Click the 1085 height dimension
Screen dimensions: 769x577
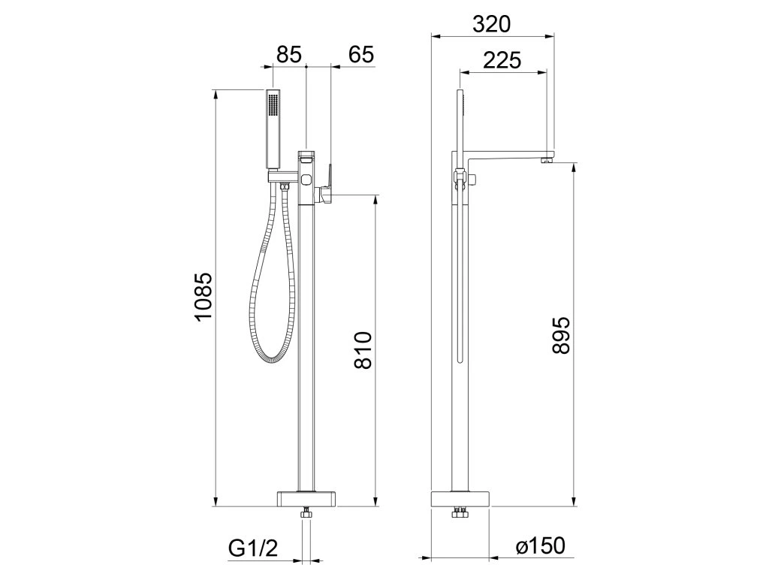point(203,296)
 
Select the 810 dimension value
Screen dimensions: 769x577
point(363,350)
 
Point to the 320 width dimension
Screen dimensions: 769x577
point(491,24)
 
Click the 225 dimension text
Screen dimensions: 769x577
point(502,60)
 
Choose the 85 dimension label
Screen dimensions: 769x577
point(288,54)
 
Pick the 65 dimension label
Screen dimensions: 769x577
point(361,54)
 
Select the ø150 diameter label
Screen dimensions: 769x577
point(540,546)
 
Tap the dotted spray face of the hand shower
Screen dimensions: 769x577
point(272,105)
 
